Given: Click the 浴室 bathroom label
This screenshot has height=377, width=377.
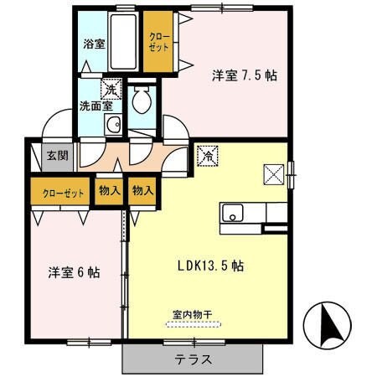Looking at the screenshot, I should tap(93, 44).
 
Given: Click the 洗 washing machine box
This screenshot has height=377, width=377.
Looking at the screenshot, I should tap(110, 87).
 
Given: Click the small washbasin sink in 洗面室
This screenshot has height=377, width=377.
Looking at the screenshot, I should tap(112, 125).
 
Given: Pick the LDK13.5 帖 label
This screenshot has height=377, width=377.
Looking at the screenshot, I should tap(209, 266).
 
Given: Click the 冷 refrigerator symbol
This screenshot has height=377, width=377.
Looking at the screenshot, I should tap(206, 154).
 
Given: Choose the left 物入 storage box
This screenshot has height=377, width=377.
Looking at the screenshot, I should tap(109, 191).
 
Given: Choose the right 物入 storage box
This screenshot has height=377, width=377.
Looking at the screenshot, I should tap(142, 191).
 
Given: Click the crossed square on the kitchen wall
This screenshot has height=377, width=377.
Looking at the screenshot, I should tap(274, 174).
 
